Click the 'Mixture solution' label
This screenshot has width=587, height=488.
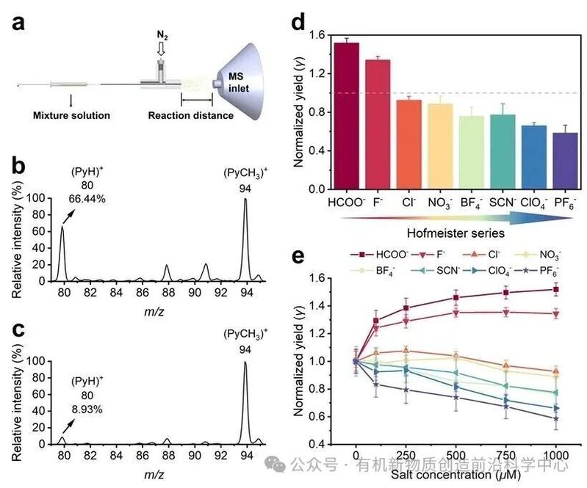(x=71, y=115)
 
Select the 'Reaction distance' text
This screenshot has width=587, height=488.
(x=190, y=115)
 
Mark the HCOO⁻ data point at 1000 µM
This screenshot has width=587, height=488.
(x=556, y=289)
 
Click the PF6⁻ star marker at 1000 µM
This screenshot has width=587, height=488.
(x=556, y=419)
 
